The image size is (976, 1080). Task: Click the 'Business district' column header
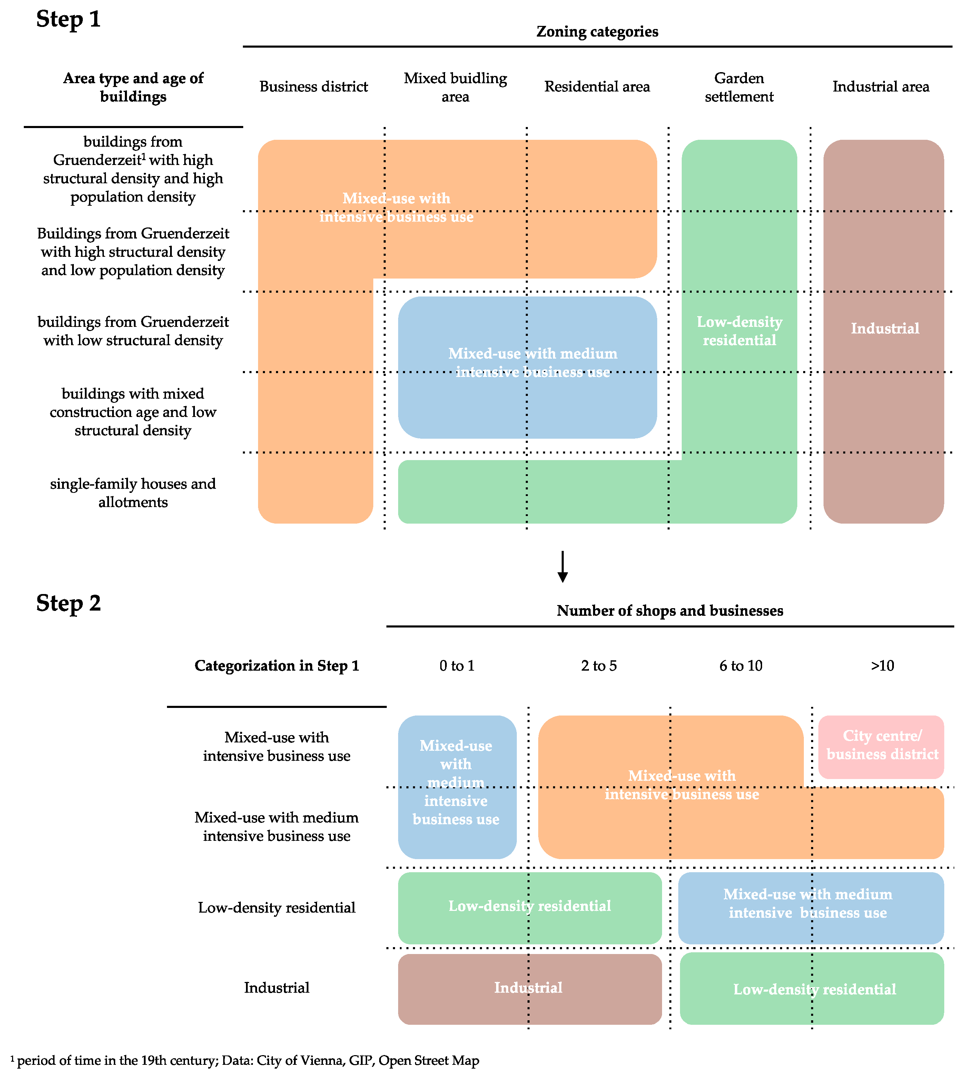point(313,87)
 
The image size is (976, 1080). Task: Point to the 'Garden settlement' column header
point(739,87)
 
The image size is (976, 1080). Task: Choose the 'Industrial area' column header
point(881,87)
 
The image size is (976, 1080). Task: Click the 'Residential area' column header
point(597,87)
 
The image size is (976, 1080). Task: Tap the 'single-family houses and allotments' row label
point(133,493)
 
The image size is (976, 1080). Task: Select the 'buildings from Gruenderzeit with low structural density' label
point(133,331)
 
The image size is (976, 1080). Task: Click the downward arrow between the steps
point(562,567)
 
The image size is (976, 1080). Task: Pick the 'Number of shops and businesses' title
point(670,611)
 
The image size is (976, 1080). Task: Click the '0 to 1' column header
point(457,666)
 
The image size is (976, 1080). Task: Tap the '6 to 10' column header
point(740,666)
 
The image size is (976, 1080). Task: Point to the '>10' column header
point(882,666)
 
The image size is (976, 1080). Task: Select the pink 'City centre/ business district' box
point(881,747)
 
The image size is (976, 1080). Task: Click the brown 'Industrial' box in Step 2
point(529,989)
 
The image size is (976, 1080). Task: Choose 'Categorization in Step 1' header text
point(276,666)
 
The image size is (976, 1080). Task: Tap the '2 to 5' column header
point(599,666)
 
